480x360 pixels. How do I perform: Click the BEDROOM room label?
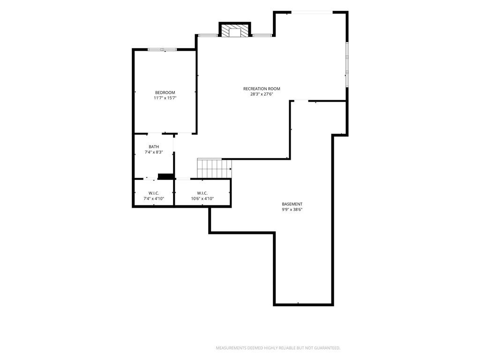click(165, 92)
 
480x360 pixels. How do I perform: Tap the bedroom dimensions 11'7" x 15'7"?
click(165, 98)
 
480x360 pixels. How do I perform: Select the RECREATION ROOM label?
click(262, 89)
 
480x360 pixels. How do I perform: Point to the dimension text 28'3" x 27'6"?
click(262, 94)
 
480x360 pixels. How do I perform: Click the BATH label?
click(154, 147)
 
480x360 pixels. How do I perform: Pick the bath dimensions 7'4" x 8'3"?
click(154, 152)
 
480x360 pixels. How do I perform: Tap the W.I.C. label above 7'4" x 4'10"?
click(154, 193)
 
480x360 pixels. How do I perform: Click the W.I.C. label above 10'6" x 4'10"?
click(202, 193)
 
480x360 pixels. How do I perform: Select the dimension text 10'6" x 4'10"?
click(202, 198)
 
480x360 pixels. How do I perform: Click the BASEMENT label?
click(292, 204)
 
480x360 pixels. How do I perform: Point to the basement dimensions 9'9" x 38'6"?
click(292, 210)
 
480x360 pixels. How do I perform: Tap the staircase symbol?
click(214, 168)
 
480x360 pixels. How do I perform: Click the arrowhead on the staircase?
click(231, 168)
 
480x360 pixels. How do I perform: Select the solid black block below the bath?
click(165, 176)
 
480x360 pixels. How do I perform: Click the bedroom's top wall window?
click(162, 49)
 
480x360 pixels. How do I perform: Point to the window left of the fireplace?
click(208, 36)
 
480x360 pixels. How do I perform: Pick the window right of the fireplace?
click(262, 36)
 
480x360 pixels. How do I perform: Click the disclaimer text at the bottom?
click(278, 348)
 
